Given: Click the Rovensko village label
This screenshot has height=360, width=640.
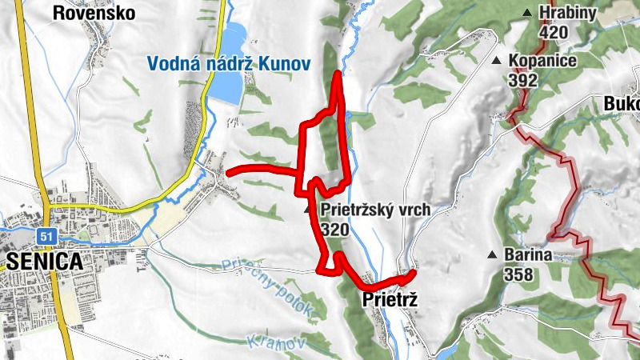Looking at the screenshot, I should coord(94,13).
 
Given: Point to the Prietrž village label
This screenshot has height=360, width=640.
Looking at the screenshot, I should coord(390,300).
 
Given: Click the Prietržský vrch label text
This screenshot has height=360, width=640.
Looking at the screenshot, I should coord(375,210).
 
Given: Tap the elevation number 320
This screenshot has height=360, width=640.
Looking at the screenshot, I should coord(335,230).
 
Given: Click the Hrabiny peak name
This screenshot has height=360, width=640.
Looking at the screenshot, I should coord(567,13).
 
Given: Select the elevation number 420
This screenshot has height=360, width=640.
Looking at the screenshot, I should coord(553,32).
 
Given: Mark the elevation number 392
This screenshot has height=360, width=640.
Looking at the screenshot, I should coord(522,80).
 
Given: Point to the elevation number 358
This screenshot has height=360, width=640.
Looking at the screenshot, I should coord(518,274).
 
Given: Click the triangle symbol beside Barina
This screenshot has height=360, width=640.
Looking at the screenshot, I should coord(491,255).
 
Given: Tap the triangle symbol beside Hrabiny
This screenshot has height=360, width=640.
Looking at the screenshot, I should coord(526,13).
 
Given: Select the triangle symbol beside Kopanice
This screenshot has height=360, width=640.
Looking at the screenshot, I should coord(496,61).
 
